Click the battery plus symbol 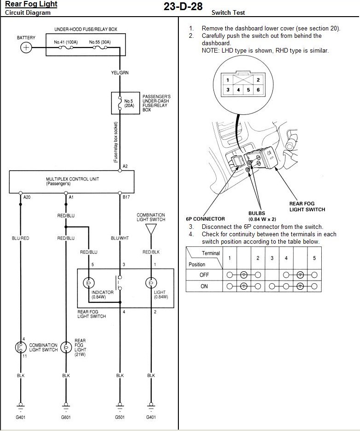(x=26, y=48)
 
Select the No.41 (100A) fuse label (x=66, y=42)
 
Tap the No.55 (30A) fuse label (x=100, y=42)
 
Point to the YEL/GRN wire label (x=120, y=72)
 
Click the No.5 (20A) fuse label (x=129, y=103)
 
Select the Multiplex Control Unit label (x=72, y=181)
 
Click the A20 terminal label (x=27, y=197)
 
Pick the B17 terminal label (x=126, y=197)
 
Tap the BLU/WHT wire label (x=120, y=238)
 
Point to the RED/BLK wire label (x=151, y=252)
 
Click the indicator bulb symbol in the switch (x=89, y=283)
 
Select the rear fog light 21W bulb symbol (x=66, y=347)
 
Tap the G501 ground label (x=120, y=417)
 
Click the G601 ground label (x=66, y=417)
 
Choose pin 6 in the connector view (x=258, y=90)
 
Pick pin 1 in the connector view (x=228, y=80)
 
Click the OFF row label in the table (x=204, y=275)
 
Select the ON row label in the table (x=204, y=287)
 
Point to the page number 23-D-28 (x=183, y=6)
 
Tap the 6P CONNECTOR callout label (x=206, y=219)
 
